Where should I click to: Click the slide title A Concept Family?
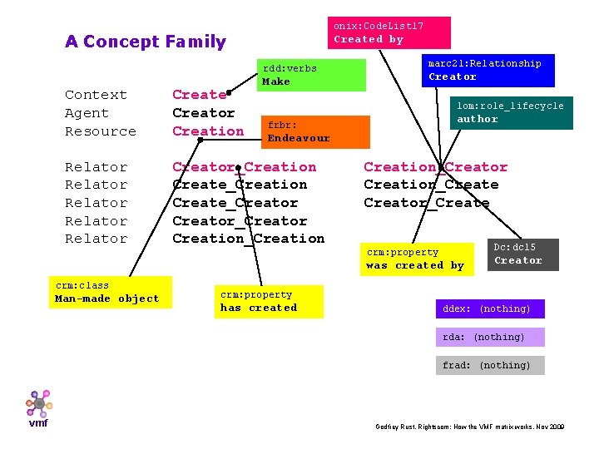tap(146, 42)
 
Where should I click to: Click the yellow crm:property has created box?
tap(268, 301)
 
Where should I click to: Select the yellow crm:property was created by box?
tap(417, 259)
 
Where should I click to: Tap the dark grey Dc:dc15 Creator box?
tap(522, 254)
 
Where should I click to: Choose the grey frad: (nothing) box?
tap(490, 365)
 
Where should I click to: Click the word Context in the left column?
tap(96, 95)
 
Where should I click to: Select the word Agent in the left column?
tap(87, 113)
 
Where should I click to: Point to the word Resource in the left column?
tap(101, 131)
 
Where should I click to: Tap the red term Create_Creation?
tap(240, 185)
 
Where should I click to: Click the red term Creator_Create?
tap(427, 203)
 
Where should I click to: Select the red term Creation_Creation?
tap(248, 239)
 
